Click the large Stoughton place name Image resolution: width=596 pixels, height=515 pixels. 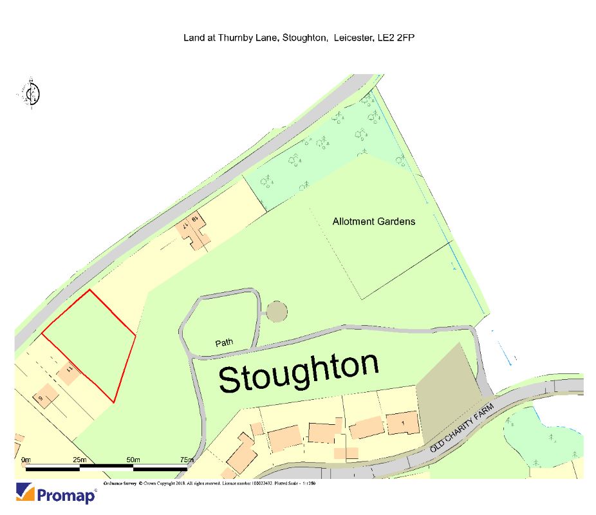(x=299, y=373)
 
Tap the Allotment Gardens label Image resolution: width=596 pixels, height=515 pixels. (x=373, y=221)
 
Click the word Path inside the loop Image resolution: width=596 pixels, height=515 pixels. (x=224, y=343)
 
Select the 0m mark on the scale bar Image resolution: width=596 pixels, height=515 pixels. (x=26, y=460)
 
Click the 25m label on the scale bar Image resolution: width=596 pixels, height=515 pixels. (x=80, y=460)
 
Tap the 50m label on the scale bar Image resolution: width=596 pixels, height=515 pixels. (x=133, y=460)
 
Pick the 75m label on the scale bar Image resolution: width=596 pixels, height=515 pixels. (x=186, y=460)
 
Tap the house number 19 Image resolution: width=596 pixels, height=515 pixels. (x=193, y=221)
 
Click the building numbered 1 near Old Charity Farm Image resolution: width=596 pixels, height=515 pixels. (x=402, y=423)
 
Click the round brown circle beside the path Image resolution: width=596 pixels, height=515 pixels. (x=276, y=312)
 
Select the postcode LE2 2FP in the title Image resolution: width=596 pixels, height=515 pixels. (x=395, y=38)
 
